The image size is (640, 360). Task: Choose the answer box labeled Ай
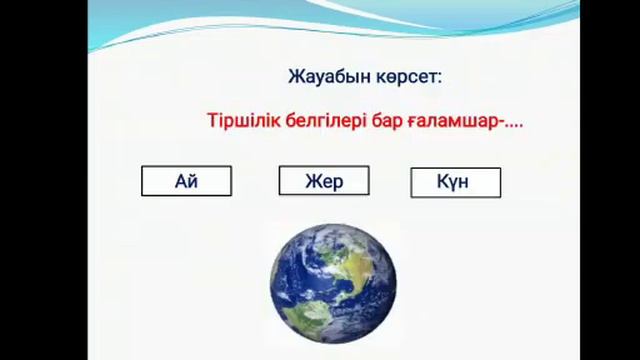(187, 181)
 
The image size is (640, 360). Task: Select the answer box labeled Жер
(323, 181)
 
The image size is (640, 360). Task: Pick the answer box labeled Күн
(455, 182)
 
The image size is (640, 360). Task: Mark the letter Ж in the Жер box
(310, 181)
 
